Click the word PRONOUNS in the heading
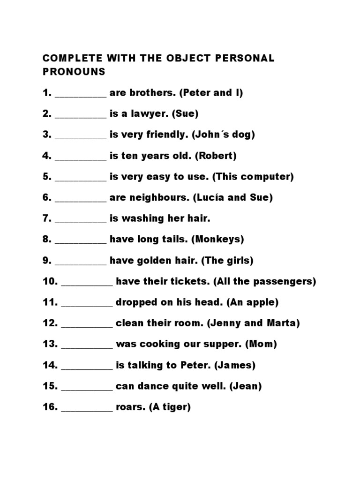(74, 72)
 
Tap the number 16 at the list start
(50, 407)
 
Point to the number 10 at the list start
(50, 282)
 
